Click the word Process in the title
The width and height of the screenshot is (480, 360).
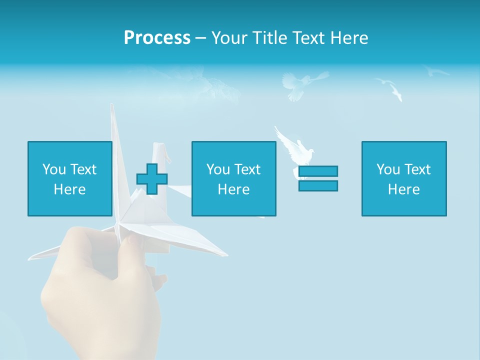pyautogui.click(x=157, y=38)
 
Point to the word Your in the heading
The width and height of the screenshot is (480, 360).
pyautogui.click(x=230, y=38)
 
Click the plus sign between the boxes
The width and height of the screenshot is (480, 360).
pyautogui.click(x=152, y=178)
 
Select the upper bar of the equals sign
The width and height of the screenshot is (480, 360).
pyautogui.click(x=318, y=171)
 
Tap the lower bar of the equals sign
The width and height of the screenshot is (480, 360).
pyautogui.click(x=318, y=185)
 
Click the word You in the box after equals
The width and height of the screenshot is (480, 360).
pyautogui.click(x=388, y=169)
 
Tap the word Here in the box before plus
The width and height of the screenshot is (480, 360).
pyautogui.click(x=69, y=189)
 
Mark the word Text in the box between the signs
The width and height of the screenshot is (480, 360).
pyautogui.click(x=247, y=169)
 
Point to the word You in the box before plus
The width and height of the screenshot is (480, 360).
pyautogui.click(x=54, y=169)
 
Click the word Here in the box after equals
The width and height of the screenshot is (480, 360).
pyautogui.click(x=404, y=189)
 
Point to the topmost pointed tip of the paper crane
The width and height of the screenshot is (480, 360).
pyautogui.click(x=112, y=106)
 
